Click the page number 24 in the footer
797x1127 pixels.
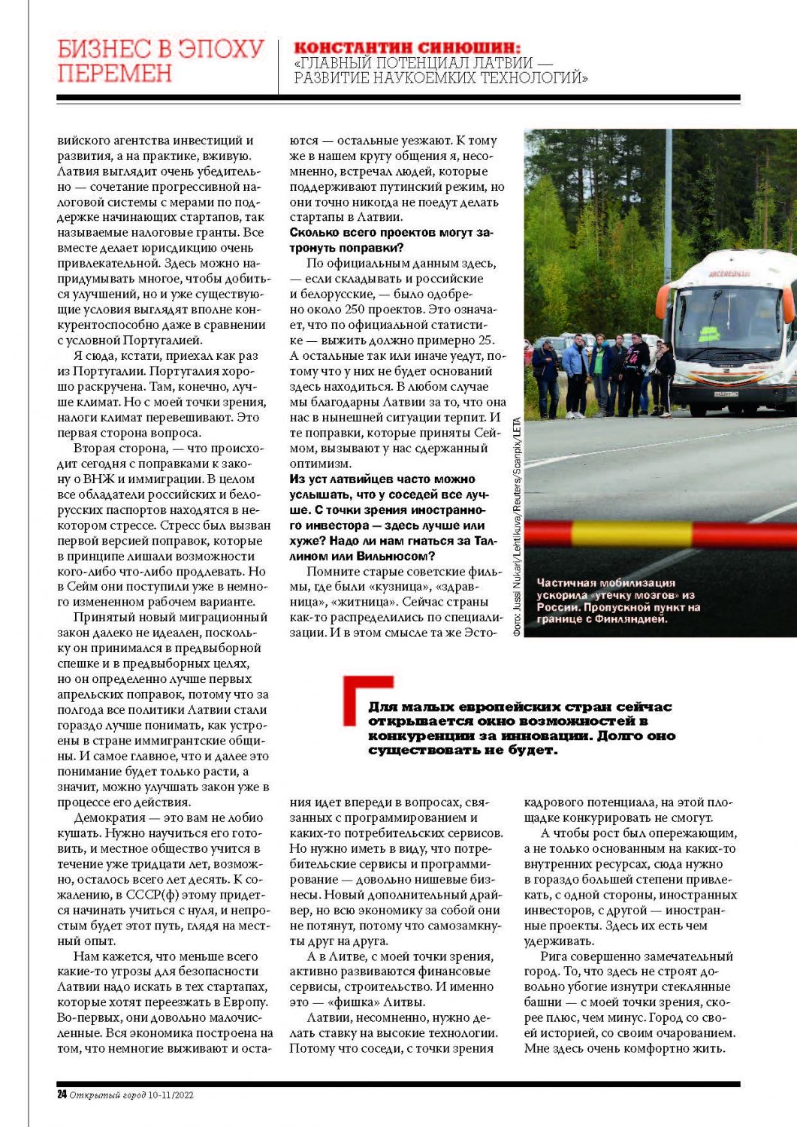coord(62,1095)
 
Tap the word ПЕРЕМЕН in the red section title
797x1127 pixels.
coord(115,74)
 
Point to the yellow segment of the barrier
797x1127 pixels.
coord(631,533)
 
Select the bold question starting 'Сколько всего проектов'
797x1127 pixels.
coord(391,240)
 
